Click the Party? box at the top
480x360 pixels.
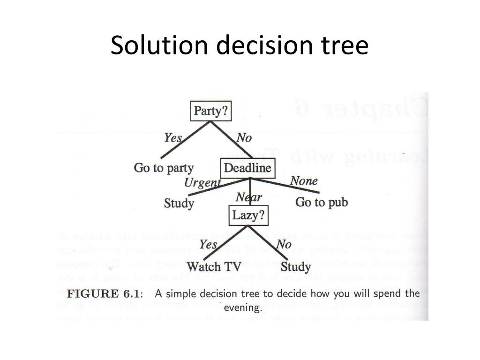(x=211, y=111)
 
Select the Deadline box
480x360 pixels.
(x=247, y=168)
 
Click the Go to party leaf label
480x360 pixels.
(x=164, y=168)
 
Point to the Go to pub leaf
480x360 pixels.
(x=322, y=202)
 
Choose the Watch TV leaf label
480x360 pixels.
(x=214, y=267)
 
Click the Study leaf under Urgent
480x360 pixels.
(x=179, y=203)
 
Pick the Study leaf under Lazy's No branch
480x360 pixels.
(x=296, y=267)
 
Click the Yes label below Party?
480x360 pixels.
(x=173, y=138)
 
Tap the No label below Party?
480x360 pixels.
(x=244, y=138)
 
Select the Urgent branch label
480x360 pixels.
(x=202, y=183)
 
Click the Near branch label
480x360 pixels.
(x=249, y=198)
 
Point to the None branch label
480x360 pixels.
(x=304, y=181)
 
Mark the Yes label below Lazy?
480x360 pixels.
(x=208, y=245)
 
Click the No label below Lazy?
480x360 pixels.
(x=284, y=245)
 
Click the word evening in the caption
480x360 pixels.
(x=242, y=308)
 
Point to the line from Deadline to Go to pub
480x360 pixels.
(x=295, y=187)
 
